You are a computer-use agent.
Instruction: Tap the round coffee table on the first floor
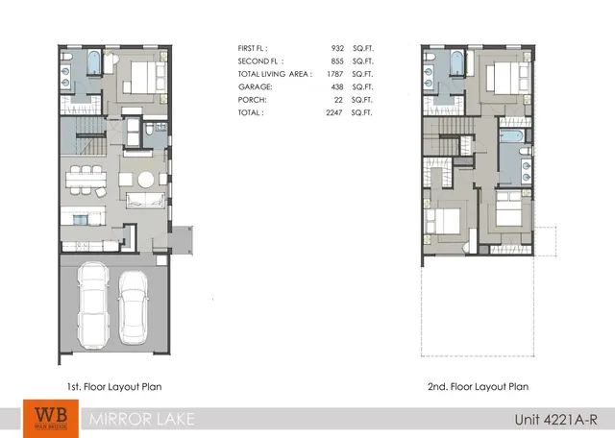(x=145, y=180)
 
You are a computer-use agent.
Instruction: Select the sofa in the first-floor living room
(x=146, y=200)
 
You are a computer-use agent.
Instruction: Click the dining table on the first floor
(x=85, y=179)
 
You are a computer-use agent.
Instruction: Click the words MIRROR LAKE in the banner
(x=131, y=418)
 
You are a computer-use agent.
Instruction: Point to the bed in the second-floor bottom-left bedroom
(x=443, y=219)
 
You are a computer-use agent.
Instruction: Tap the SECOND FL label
(x=257, y=60)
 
